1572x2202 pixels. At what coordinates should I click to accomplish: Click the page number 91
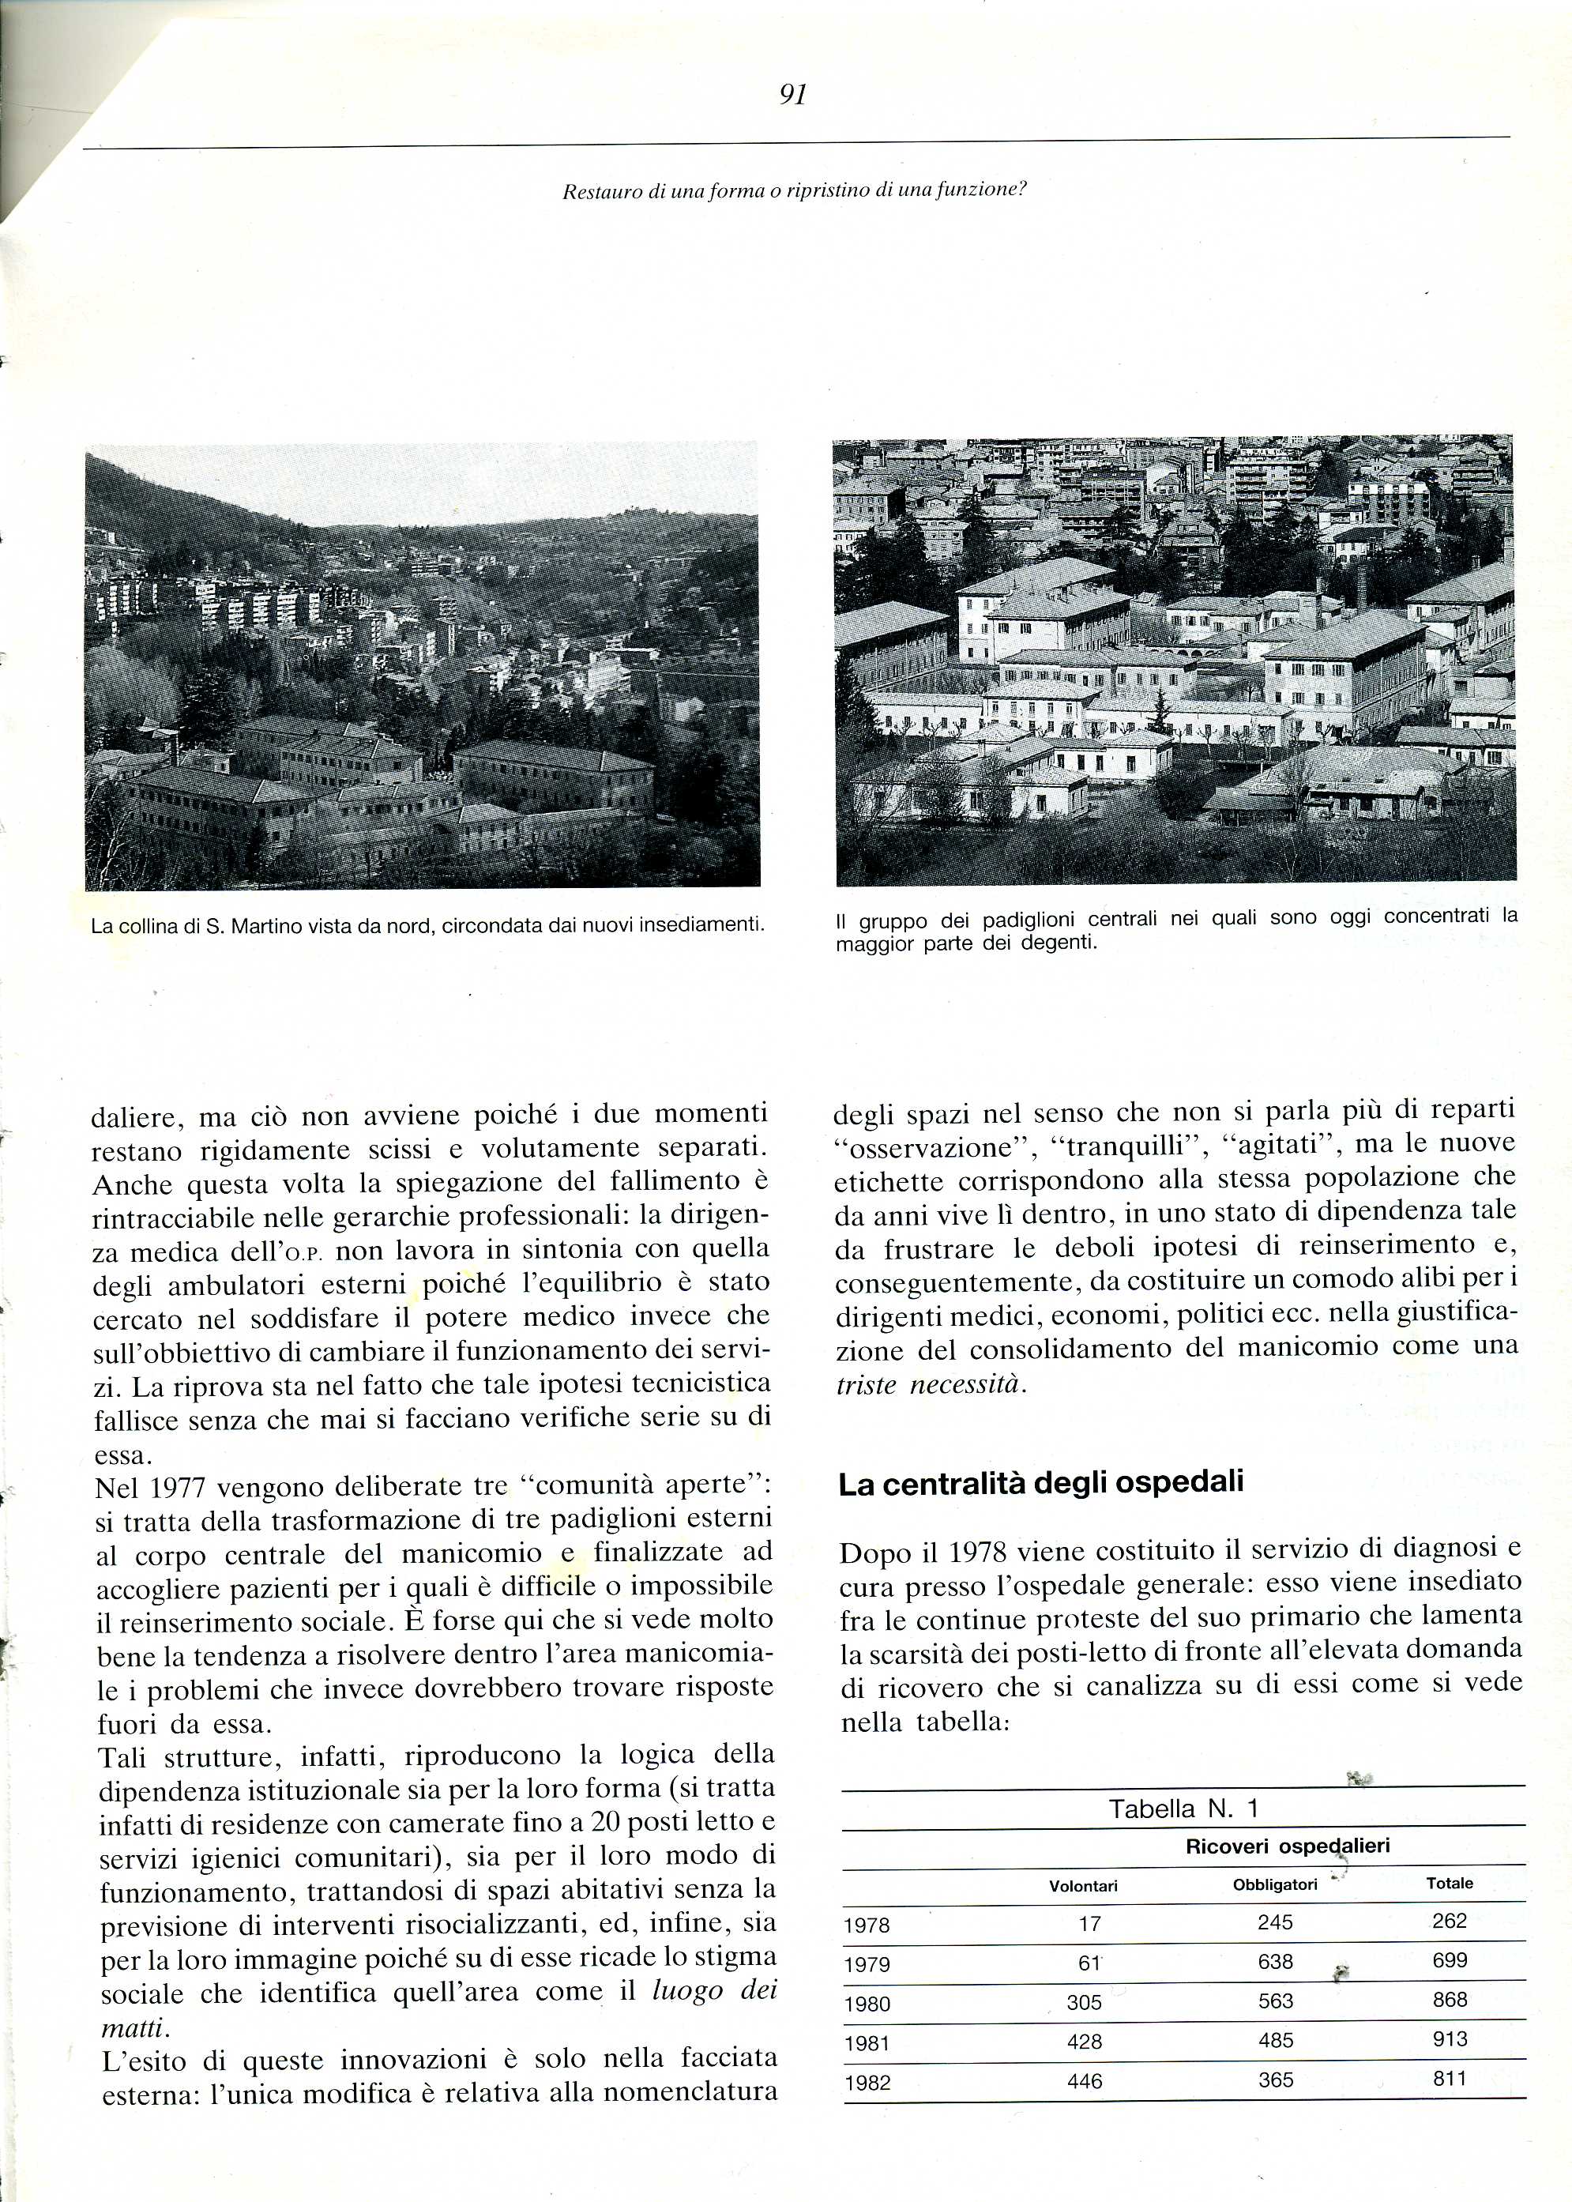[x=793, y=95]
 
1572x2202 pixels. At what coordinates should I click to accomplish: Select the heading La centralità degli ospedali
[x=1040, y=1483]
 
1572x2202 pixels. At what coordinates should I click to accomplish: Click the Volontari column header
[x=1083, y=1885]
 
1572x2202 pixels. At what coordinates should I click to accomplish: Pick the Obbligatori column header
[x=1275, y=1884]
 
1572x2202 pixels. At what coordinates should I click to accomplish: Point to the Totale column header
[x=1449, y=1883]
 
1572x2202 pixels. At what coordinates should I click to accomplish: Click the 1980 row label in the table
[x=867, y=2004]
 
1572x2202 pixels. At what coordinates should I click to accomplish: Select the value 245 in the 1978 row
[x=1275, y=1922]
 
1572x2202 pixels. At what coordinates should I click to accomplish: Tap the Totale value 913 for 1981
[x=1450, y=2038]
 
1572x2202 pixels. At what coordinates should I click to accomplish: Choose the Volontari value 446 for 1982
[x=1084, y=2081]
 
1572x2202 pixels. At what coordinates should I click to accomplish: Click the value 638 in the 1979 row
[x=1276, y=1961]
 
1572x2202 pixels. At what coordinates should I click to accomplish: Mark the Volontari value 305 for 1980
[x=1084, y=2003]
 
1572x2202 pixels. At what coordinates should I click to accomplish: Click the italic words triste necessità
[x=929, y=1384]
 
